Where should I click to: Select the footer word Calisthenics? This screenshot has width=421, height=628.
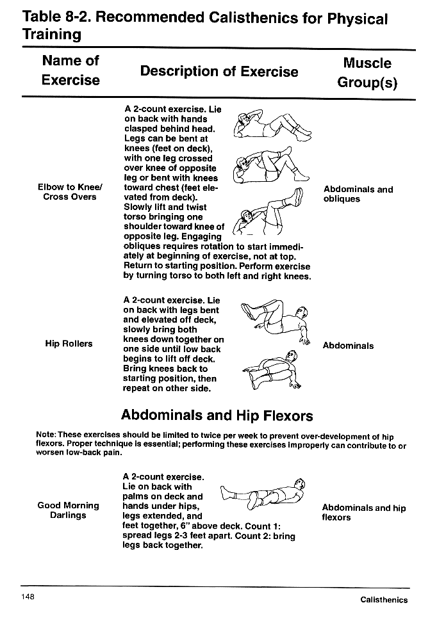pos(383,600)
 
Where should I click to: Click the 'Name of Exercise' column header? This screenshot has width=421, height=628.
pos(70,70)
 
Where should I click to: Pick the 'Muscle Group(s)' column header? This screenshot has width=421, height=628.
pos(367,73)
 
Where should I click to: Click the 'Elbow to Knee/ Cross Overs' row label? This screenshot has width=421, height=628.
pos(70,192)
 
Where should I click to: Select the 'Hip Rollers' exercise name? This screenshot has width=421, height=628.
pos(69,344)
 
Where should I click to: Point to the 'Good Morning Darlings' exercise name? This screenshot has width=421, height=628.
pos(68,510)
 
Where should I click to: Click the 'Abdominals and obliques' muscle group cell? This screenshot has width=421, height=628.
pos(358,194)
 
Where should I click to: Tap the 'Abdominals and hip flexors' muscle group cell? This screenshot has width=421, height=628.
pos(363,513)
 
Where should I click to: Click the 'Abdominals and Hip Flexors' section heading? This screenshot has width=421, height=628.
pos(217,415)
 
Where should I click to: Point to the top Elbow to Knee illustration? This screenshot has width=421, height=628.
pos(272,124)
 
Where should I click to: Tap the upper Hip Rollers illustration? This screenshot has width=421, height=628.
pos(272,320)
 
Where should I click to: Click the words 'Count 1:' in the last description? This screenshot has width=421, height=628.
pos(263,526)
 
